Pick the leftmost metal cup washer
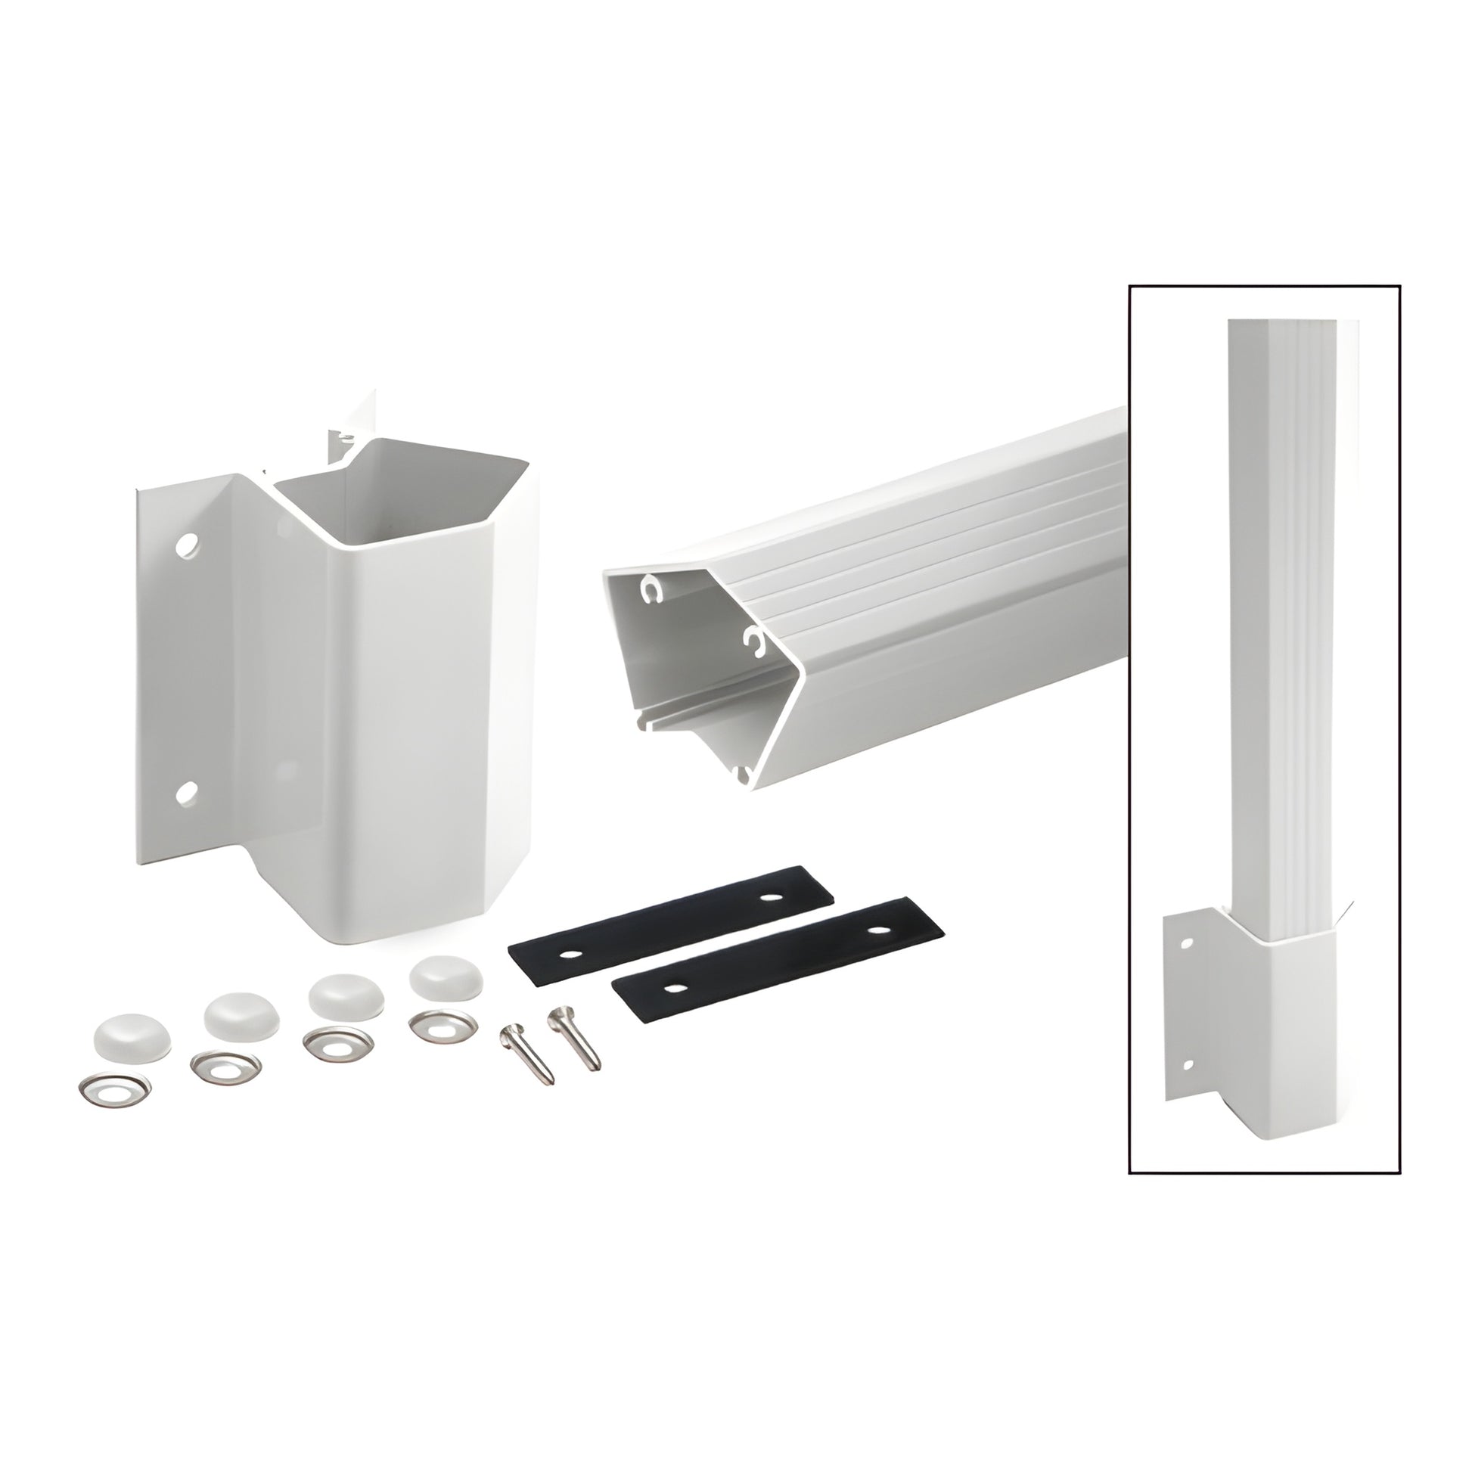coord(113,1095)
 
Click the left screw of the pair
coord(525,1054)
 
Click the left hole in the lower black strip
coord(673,988)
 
